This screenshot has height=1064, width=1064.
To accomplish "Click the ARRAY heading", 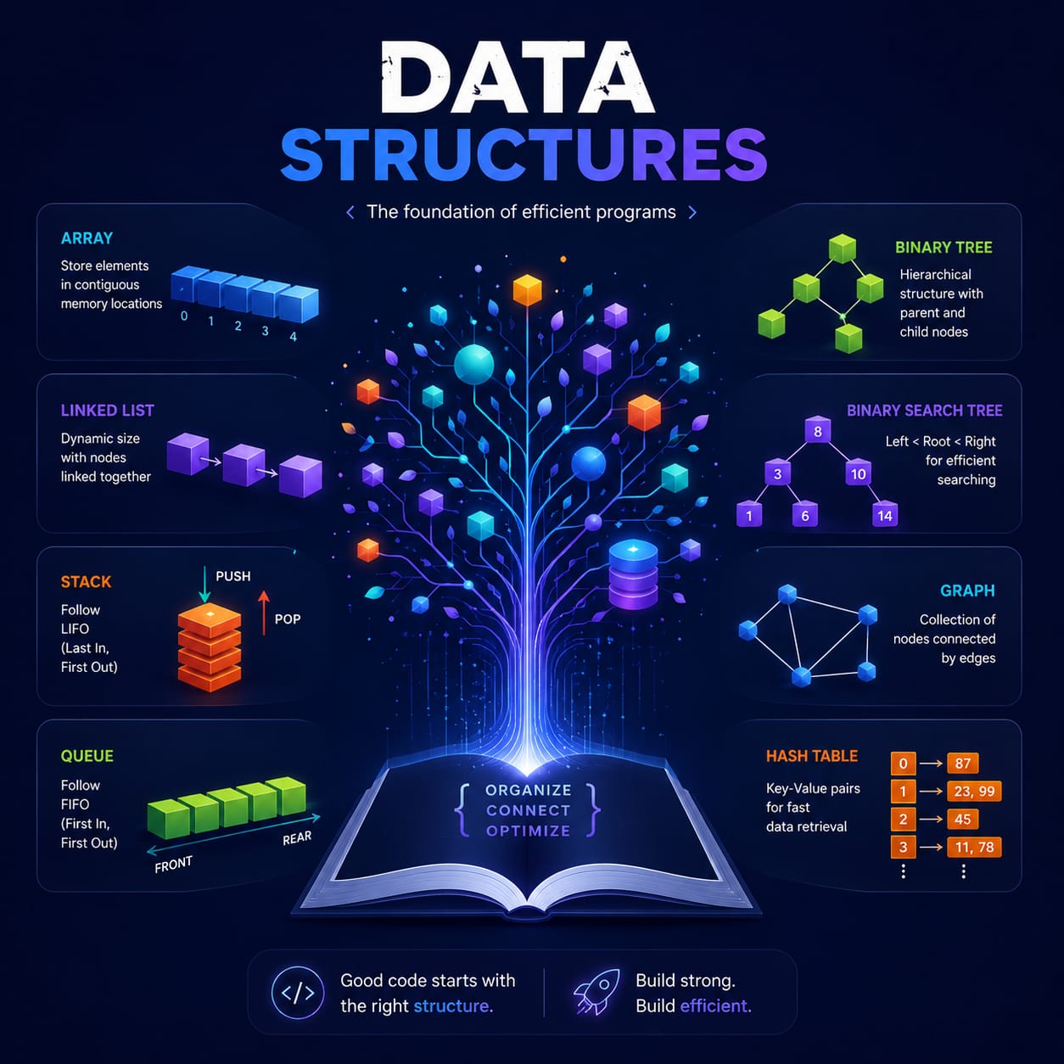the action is [87, 238].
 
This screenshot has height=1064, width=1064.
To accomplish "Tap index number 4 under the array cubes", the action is [293, 336].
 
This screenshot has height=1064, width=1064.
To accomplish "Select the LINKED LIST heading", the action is [108, 411].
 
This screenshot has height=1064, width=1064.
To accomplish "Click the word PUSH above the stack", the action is [233, 576].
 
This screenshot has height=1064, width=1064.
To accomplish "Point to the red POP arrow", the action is [264, 613].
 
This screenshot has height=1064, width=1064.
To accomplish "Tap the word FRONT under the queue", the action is [173, 864].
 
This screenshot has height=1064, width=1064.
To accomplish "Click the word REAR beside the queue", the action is [297, 838].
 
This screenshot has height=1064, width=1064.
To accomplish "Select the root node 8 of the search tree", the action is [818, 430].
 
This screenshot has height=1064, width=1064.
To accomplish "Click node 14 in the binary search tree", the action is [885, 515].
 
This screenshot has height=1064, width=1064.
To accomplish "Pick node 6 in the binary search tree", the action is [805, 515].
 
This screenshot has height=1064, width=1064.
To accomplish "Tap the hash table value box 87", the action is [962, 763].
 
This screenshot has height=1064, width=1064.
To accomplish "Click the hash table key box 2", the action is [904, 819].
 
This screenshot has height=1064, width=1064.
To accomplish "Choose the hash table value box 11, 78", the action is [974, 847].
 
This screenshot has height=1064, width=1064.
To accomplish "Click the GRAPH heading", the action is [967, 591].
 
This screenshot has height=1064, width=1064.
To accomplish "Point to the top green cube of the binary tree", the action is [842, 249].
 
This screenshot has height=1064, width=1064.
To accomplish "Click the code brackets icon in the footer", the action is [298, 992].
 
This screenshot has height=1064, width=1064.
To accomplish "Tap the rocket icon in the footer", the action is [596, 992].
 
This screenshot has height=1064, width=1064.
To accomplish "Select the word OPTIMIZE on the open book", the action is [528, 831].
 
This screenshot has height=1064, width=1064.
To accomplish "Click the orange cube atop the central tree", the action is [527, 290].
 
